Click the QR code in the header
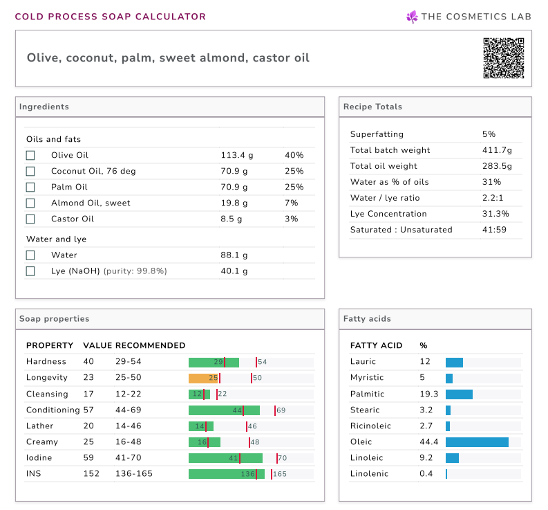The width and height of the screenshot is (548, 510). [x=503, y=58]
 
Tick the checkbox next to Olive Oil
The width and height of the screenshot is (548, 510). [x=30, y=155]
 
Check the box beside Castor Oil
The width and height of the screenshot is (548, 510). [x=30, y=219]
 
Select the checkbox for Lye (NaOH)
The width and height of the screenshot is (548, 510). [x=30, y=271]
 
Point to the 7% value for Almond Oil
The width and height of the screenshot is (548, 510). [x=291, y=203]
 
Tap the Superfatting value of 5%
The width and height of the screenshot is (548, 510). [x=489, y=134]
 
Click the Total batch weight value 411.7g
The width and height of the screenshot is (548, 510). [x=497, y=150]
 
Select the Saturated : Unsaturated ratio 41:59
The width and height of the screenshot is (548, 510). [x=494, y=230]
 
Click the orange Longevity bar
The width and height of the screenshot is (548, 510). [x=204, y=378]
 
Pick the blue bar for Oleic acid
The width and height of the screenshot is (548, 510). [x=477, y=441]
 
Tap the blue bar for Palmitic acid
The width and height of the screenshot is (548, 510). [x=459, y=394]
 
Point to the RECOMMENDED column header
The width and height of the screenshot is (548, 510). [x=150, y=345]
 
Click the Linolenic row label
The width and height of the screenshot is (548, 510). [x=370, y=473]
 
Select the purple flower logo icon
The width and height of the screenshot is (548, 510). [x=412, y=17]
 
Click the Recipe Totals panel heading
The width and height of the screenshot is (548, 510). [x=372, y=107]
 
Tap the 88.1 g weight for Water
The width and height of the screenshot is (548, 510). [x=234, y=255]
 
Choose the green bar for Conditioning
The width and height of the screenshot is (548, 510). [x=224, y=410]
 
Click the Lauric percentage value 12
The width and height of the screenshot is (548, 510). [x=424, y=362]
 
